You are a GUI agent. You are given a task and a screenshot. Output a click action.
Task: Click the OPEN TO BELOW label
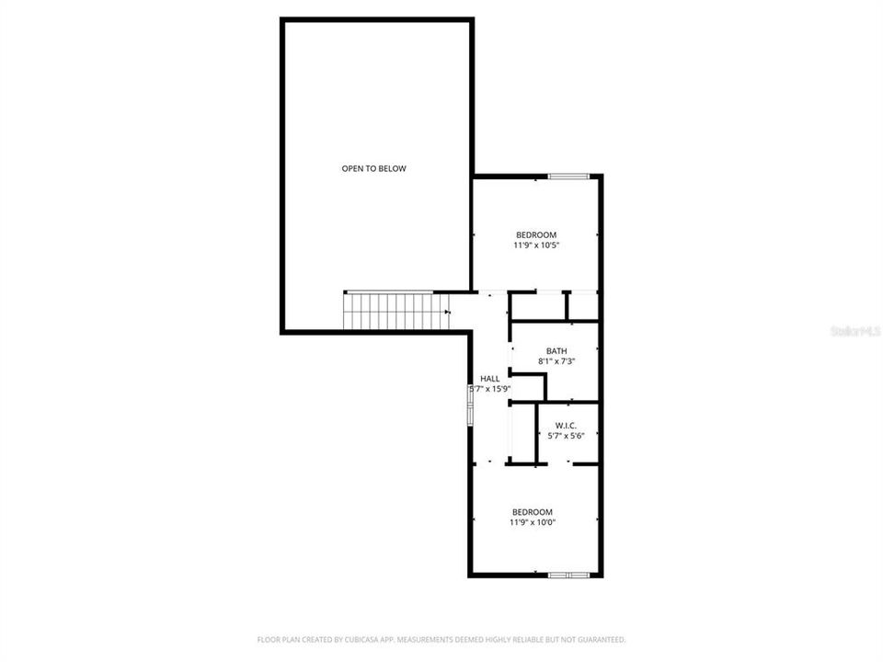coord(373,168)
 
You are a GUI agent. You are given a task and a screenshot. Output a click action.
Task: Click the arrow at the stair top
coord(447,313)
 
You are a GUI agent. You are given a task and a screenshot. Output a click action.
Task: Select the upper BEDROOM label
coord(536,234)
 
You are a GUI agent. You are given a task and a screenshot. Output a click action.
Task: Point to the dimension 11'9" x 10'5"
coord(536,245)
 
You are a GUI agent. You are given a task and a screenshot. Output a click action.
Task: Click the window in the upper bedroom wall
coord(568,176)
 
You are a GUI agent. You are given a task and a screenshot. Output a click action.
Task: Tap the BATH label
coord(556,350)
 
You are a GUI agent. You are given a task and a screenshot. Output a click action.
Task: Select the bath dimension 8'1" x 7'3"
coord(556,361)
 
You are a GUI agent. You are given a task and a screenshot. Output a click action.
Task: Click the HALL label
coord(490,378)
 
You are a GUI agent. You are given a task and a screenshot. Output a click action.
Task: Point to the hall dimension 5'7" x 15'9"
coord(490,389)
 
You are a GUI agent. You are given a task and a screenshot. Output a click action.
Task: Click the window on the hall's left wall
coord(471,405)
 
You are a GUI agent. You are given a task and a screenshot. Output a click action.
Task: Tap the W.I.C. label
coord(566,425)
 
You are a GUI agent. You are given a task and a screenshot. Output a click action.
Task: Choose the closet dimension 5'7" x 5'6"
coord(566,435)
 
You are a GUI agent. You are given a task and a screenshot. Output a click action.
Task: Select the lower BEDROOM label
coord(533,512)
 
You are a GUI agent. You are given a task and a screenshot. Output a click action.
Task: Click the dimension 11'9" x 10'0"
coord(533,522)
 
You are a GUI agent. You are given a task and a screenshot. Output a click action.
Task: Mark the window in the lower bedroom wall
coord(568,576)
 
